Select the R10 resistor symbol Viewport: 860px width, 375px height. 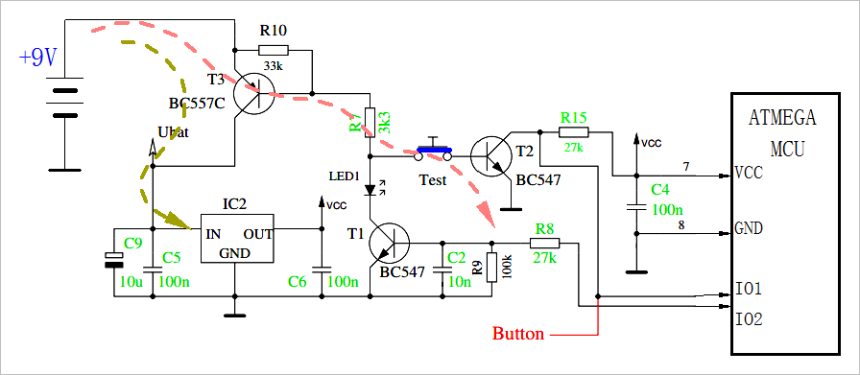[x=273, y=50]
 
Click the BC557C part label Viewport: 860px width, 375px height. [x=197, y=103]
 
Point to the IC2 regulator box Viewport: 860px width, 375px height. [x=234, y=238]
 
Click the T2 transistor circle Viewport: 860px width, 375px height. [x=492, y=153]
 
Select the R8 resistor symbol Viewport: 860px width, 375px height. [x=544, y=242]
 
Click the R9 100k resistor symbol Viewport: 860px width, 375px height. [x=491, y=268]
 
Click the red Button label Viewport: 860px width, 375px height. [x=518, y=335]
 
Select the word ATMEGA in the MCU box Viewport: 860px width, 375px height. [x=781, y=119]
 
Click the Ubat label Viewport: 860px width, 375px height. [x=172, y=132]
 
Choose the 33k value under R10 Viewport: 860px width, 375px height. [x=273, y=66]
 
